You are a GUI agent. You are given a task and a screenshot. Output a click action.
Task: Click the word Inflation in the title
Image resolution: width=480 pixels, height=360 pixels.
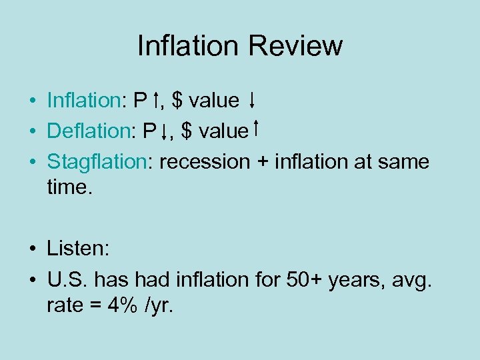[188, 46]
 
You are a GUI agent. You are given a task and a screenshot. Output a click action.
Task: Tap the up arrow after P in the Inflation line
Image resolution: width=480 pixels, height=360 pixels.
[155, 101]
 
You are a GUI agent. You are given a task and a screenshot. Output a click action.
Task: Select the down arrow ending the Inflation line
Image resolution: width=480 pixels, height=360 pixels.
[252, 101]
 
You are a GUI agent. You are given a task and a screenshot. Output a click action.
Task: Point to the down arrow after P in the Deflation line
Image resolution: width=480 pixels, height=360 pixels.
[164, 132]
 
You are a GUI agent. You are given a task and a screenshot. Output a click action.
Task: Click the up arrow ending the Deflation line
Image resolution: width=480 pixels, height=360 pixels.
[256, 129]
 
